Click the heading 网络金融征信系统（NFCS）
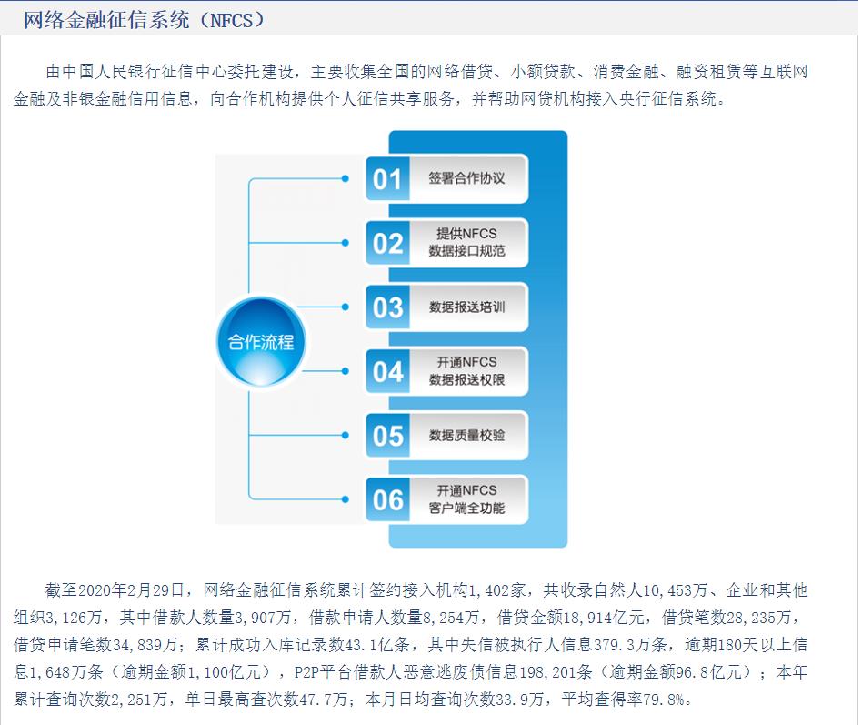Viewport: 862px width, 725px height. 144,20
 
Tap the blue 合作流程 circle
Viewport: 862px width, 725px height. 261,342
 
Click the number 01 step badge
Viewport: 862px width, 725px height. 387,179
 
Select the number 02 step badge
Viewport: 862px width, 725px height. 387,243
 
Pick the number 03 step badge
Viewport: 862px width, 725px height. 387,307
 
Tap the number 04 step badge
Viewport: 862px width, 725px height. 387,371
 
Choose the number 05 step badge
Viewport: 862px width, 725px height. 387,436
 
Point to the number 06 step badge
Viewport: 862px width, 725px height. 387,499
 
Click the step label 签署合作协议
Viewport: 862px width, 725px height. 466,178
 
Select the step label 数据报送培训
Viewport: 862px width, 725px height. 466,307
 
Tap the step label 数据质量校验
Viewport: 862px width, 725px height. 466,435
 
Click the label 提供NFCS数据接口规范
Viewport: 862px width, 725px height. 466,242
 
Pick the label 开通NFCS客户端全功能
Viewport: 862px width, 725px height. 466,498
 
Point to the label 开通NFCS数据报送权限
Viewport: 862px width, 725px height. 466,371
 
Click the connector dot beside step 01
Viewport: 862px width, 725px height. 346,178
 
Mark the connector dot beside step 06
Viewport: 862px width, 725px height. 346,499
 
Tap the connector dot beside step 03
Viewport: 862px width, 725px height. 346,307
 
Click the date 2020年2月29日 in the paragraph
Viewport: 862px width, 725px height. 131,590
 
